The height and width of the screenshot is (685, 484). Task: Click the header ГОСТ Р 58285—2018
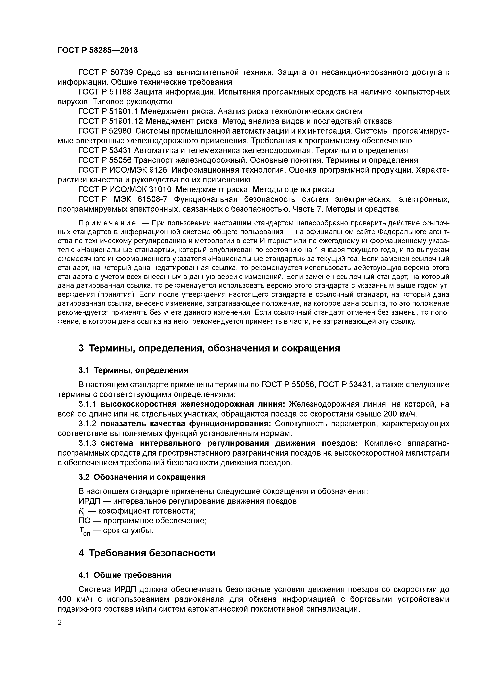[98, 50]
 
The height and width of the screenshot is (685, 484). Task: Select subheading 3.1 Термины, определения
[133, 370]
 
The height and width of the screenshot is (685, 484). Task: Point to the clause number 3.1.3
[88, 443]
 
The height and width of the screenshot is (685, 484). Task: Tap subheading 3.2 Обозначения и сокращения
[142, 477]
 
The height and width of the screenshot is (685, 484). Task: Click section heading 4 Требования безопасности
[147, 553]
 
